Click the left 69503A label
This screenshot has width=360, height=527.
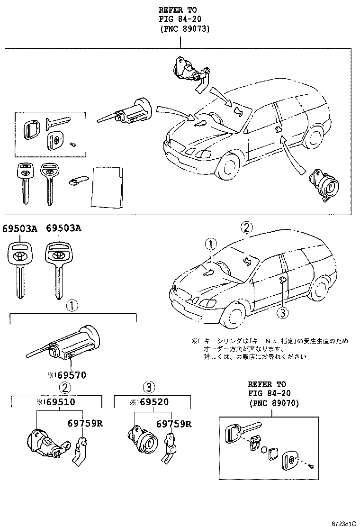point(20,228)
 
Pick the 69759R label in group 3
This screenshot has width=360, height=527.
point(174,423)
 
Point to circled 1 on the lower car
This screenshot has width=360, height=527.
point(210,245)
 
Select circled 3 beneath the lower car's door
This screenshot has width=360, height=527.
point(281,312)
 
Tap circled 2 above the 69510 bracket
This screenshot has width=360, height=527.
point(65,387)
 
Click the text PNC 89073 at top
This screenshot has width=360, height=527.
point(180,29)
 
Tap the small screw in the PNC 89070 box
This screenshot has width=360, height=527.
point(311,467)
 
